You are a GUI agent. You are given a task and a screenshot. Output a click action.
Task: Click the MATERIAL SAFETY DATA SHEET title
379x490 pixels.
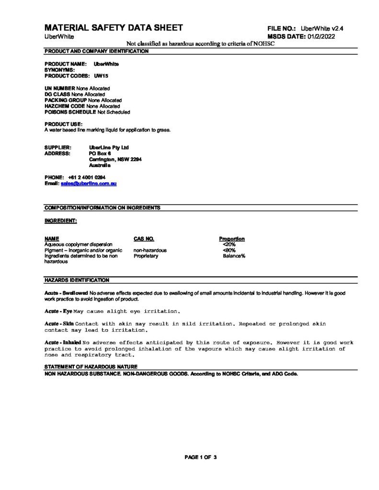click(114, 28)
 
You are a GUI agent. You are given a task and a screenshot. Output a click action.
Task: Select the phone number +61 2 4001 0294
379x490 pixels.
click(87, 178)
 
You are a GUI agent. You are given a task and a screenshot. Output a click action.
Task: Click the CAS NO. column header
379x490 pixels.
click(144, 238)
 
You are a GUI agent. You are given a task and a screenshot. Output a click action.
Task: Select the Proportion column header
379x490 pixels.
click(232, 238)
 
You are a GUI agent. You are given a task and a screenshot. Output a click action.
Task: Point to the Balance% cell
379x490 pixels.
click(234, 256)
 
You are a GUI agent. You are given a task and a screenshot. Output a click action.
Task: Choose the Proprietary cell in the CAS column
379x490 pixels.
click(146, 256)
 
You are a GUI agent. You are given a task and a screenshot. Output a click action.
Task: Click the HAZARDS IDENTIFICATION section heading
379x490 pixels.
click(77, 280)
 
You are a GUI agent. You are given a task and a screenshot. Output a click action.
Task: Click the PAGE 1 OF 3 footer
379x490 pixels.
click(201, 457)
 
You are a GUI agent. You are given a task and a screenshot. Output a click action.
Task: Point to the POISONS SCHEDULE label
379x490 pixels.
click(70, 112)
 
